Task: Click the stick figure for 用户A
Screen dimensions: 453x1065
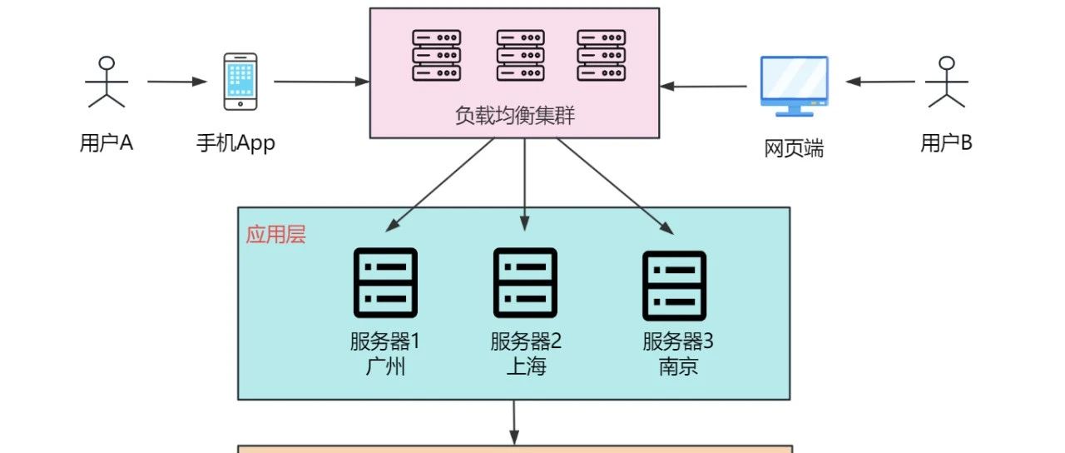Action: click(106, 82)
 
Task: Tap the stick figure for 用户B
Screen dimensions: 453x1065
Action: click(946, 82)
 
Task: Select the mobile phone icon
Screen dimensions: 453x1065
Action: click(240, 82)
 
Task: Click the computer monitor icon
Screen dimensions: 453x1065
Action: click(794, 85)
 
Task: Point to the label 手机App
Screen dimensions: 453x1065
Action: click(235, 143)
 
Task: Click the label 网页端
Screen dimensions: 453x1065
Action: click(794, 149)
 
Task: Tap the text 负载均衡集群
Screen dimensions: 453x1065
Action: click(515, 116)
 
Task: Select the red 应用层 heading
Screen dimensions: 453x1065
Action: click(275, 235)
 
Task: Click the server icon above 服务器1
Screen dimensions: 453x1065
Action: click(385, 283)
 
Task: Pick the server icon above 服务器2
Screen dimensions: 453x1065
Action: click(525, 283)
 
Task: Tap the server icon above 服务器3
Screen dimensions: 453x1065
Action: click(674, 285)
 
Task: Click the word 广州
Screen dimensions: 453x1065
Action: click(385, 366)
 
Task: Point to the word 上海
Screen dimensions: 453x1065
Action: click(526, 366)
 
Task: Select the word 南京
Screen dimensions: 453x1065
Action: click(678, 366)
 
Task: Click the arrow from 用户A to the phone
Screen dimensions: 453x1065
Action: click(176, 82)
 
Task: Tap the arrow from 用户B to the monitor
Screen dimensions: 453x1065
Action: click(880, 82)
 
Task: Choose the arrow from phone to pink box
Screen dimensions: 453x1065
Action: click(321, 82)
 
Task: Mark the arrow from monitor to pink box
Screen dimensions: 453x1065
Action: click(704, 86)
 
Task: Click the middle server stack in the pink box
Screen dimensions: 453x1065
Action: click(520, 55)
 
